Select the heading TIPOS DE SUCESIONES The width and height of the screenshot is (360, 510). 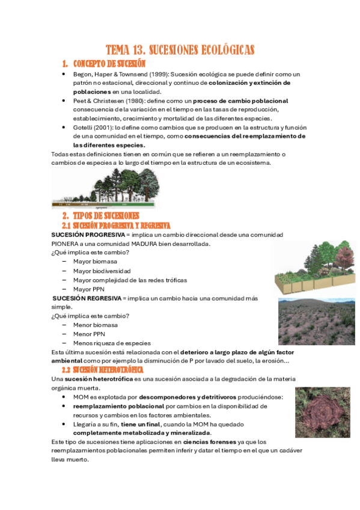pyautogui.click(x=105, y=215)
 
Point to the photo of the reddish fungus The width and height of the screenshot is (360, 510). pyautogui.click(x=319, y=412)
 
